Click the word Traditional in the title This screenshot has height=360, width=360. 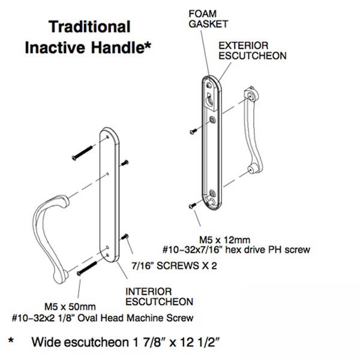coord(88,27)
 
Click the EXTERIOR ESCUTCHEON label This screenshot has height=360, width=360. coord(252,50)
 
